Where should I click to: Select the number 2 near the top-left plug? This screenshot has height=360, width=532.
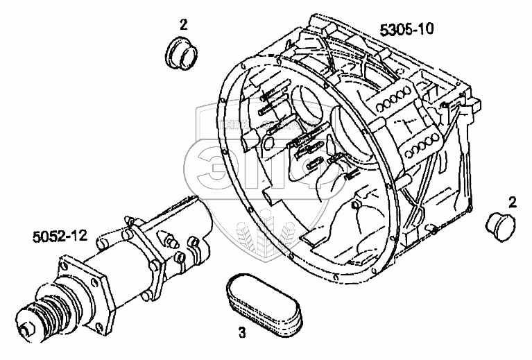point(183,24)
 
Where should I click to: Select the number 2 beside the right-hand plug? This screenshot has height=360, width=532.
point(512,202)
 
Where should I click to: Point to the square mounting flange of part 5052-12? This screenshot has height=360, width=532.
point(83,291)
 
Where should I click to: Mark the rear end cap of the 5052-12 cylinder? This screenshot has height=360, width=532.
point(201,215)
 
